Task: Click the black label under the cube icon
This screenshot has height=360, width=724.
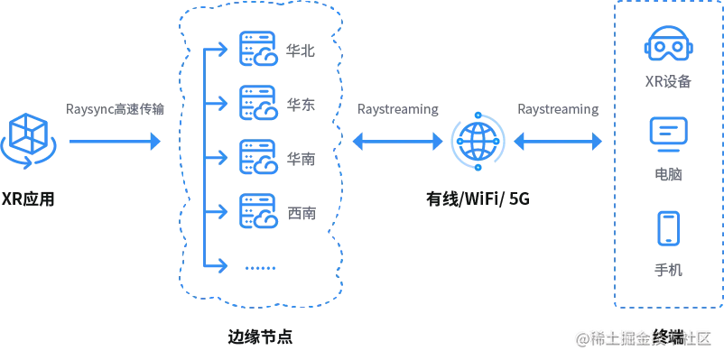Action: click(29, 198)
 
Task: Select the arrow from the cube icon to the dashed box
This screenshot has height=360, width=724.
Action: click(113, 141)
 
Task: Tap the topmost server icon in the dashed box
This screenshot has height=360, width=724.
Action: click(259, 50)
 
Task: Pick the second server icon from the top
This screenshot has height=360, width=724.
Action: click(259, 102)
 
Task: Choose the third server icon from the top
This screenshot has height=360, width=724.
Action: click(259, 157)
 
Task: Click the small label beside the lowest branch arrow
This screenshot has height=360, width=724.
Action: click(263, 266)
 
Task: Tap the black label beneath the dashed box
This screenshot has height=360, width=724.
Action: click(259, 337)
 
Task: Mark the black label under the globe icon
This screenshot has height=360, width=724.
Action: click(479, 198)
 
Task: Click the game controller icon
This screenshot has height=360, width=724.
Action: click(668, 48)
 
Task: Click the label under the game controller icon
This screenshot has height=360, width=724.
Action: click(668, 83)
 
